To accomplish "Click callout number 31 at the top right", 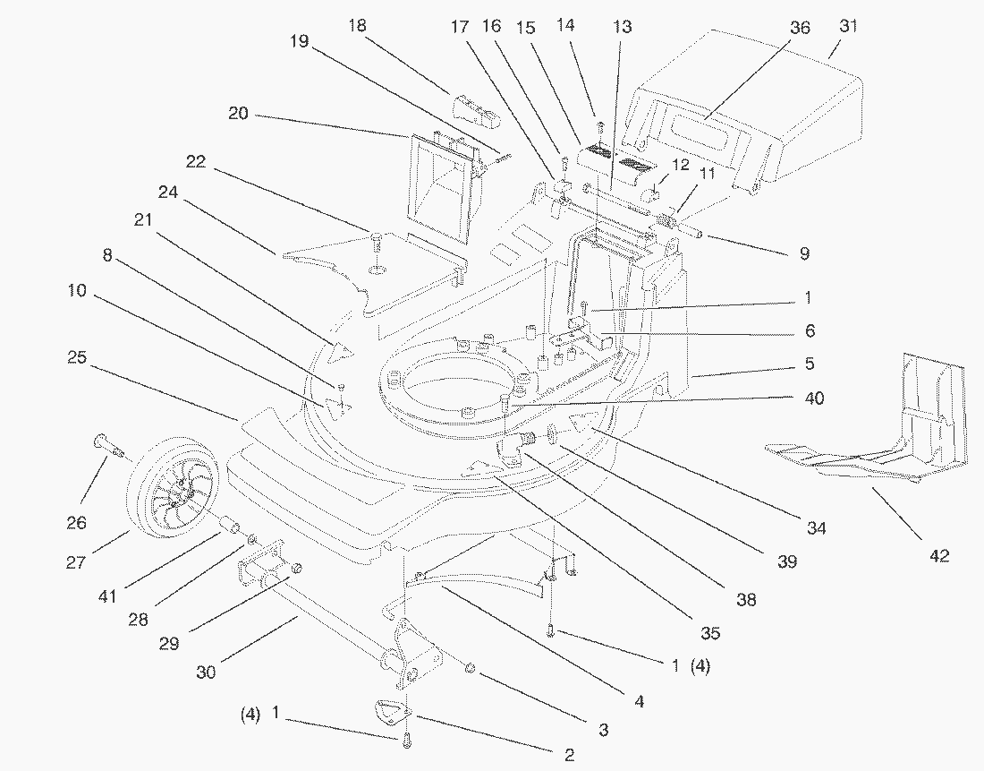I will click(847, 27).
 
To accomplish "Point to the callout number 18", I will click(356, 26).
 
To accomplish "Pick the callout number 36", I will click(799, 29).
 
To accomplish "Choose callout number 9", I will click(804, 254).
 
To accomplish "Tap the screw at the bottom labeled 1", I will click(405, 740).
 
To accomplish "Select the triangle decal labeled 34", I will click(590, 422).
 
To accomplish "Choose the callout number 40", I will click(814, 398).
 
